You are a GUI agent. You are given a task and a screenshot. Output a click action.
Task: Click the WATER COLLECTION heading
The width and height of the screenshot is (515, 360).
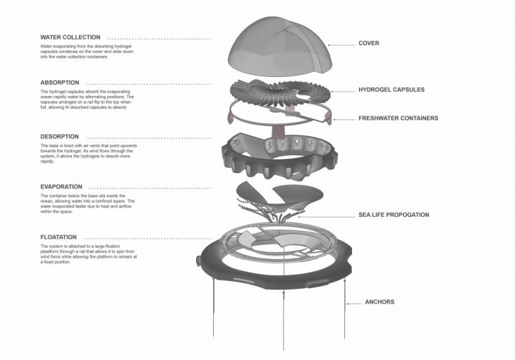(71, 37)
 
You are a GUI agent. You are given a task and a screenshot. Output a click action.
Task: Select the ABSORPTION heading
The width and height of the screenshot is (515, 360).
(60, 83)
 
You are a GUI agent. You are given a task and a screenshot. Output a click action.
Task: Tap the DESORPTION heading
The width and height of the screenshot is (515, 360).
(60, 136)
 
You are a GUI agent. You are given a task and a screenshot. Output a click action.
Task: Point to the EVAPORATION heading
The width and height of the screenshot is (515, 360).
(61, 187)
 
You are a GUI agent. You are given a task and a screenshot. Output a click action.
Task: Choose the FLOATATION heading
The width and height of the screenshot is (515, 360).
(59, 237)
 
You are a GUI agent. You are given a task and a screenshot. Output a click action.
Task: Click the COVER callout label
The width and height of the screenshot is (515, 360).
(369, 43)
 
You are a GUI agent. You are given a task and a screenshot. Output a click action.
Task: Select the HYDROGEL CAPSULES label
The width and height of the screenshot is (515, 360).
(392, 90)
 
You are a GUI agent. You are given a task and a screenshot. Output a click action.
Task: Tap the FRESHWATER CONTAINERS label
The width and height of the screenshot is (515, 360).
(399, 118)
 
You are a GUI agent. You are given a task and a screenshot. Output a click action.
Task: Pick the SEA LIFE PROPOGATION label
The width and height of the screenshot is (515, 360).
(394, 215)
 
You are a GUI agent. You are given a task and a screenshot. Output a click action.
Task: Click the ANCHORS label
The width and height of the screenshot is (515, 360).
(380, 302)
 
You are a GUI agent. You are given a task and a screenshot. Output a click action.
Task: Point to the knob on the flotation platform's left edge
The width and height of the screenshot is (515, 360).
(199, 260)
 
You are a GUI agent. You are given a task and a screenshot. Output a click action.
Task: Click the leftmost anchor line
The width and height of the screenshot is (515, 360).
(214, 307)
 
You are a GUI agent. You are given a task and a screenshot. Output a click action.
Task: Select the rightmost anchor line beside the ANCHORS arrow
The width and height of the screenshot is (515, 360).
(344, 309)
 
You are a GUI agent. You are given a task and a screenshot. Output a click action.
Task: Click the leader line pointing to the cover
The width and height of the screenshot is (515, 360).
(341, 44)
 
